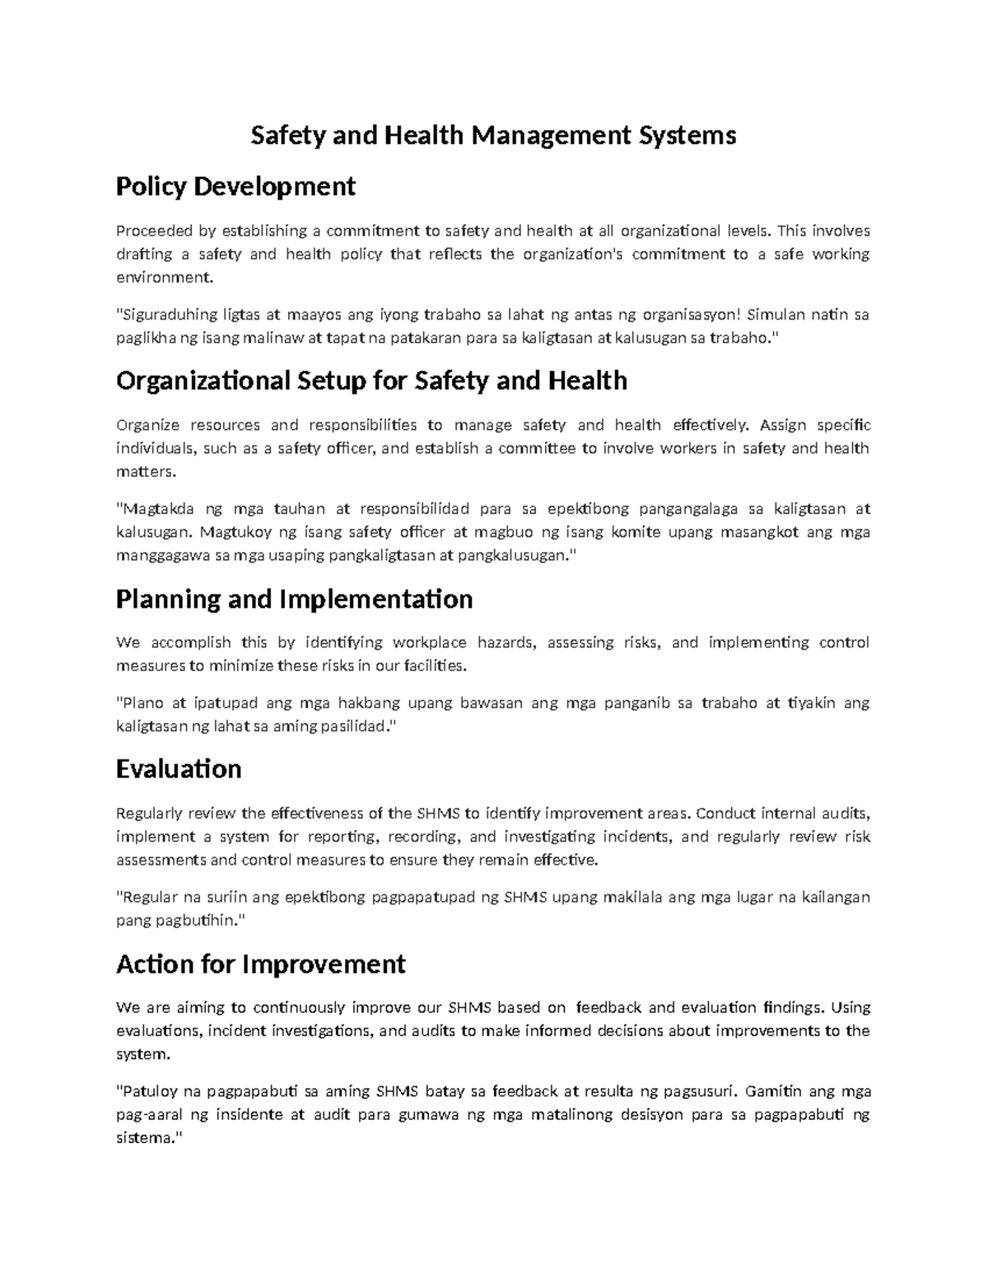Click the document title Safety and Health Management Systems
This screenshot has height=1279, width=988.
(492, 135)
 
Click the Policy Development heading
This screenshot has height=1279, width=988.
(235, 187)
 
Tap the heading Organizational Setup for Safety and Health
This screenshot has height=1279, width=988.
(371, 380)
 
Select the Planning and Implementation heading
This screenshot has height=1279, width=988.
(294, 599)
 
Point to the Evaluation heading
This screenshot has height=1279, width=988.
(179, 769)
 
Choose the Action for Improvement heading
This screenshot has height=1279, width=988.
(261, 964)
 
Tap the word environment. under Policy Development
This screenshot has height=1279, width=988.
(164, 278)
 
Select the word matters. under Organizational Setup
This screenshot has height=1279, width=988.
(146, 472)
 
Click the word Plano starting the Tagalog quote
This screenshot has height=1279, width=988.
(141, 703)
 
